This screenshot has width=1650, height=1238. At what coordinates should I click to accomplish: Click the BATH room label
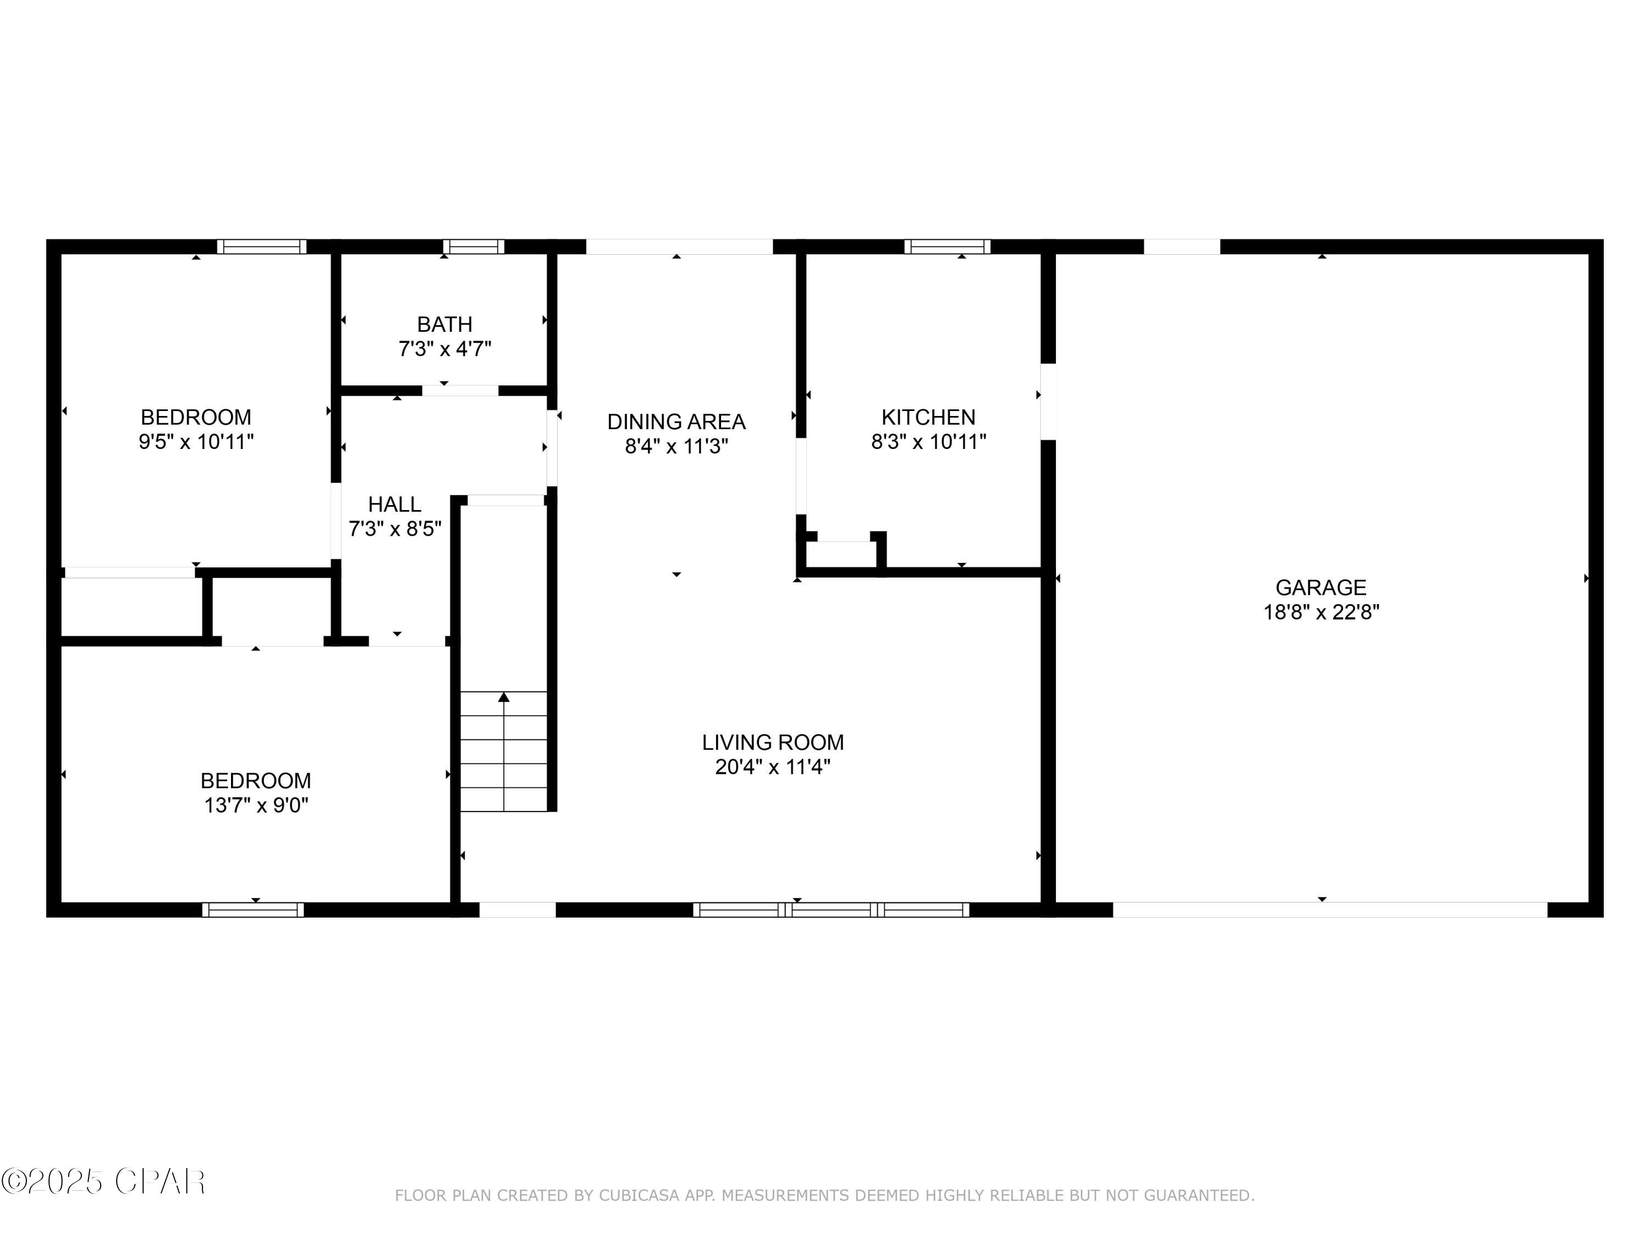pyautogui.click(x=444, y=325)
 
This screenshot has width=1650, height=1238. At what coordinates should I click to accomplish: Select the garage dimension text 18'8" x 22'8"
pyautogui.click(x=1321, y=612)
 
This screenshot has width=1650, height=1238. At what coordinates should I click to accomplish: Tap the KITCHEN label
pyautogui.click(x=928, y=417)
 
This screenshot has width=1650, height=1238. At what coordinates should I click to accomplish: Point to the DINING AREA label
pyautogui.click(x=676, y=421)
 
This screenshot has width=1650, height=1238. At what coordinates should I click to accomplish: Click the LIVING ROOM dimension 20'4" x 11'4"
pyautogui.click(x=772, y=767)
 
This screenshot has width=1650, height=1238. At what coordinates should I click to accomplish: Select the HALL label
pyautogui.click(x=394, y=505)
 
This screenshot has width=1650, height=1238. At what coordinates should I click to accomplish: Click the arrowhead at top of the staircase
pyautogui.click(x=503, y=698)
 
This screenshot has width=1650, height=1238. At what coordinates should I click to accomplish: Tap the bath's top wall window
pyautogui.click(x=473, y=246)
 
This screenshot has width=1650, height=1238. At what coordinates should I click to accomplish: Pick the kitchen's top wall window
pyautogui.click(x=947, y=246)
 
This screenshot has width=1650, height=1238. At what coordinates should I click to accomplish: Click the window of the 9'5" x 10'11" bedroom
pyautogui.click(x=261, y=246)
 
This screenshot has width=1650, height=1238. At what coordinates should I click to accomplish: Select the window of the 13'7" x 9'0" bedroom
pyautogui.click(x=253, y=910)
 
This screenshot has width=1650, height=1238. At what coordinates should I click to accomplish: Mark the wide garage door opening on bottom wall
pyautogui.click(x=1329, y=910)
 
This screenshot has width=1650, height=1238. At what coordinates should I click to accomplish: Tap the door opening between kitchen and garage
pyautogui.click(x=1048, y=402)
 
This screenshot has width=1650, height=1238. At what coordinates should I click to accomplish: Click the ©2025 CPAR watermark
pyautogui.click(x=103, y=1182)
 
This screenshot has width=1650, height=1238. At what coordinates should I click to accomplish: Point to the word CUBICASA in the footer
pyautogui.click(x=639, y=1196)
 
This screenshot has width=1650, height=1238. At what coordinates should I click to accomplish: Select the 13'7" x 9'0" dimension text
pyautogui.click(x=256, y=805)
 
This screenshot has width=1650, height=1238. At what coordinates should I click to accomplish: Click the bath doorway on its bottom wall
pyautogui.click(x=460, y=390)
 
